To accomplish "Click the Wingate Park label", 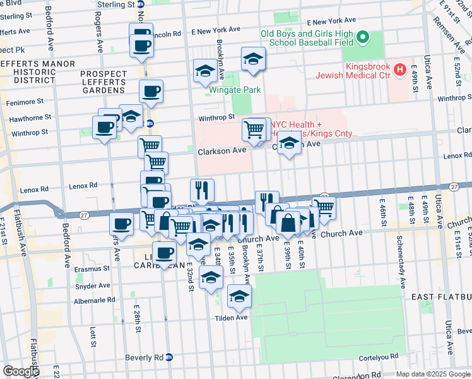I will point(235,90).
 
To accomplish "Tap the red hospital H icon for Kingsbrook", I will point(399,68).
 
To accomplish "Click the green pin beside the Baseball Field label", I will point(363,39).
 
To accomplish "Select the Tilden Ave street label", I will point(232,318).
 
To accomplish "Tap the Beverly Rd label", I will point(145,357).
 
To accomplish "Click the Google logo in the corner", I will point(20,371).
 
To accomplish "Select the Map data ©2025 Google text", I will point(433,374).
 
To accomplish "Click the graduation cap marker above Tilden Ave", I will point(239,296).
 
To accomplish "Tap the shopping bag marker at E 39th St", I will point(288,223).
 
